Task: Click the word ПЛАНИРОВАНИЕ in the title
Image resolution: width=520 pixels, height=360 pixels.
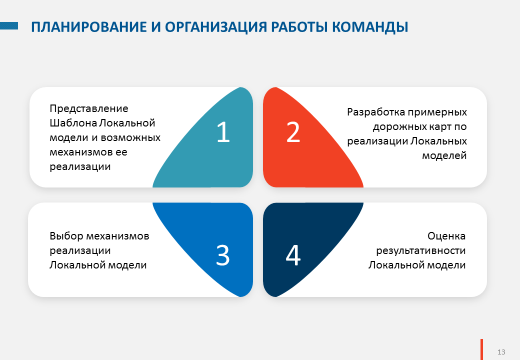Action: pos(89,27)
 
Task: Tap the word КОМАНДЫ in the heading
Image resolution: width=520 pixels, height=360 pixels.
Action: pos(370,27)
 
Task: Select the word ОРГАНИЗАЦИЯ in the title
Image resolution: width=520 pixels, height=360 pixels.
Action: pos(216,27)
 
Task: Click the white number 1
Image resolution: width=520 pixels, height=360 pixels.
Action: pos(223,132)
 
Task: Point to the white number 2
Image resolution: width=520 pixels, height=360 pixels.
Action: pos(293,132)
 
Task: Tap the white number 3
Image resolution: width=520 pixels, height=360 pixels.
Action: pos(223,255)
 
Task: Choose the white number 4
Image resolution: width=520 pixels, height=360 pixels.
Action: pos(293,255)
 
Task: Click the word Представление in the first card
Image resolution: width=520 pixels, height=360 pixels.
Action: pos(89,108)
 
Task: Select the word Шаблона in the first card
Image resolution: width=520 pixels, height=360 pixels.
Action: pos(73,123)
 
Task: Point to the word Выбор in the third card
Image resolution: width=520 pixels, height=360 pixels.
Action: pos(66,236)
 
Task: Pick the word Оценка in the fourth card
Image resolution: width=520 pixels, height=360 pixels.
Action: pos(446,236)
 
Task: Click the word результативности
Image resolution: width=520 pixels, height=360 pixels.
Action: pos(421,251)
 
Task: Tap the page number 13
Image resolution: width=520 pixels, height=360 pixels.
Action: pos(501,352)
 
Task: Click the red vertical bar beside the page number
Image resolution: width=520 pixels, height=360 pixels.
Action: pos(481,349)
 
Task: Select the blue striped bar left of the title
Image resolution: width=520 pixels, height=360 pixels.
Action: pos(9,26)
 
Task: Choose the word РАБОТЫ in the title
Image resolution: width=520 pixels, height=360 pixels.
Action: pos(299,27)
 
